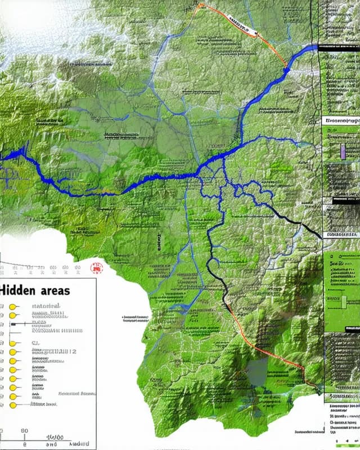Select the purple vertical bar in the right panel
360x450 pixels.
click(x=342, y=151)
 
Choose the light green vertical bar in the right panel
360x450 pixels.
click(x=343, y=301)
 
